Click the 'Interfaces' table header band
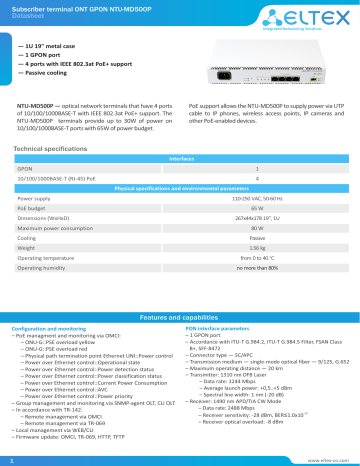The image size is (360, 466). [180, 158]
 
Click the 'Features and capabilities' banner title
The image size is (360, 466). [180, 315]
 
